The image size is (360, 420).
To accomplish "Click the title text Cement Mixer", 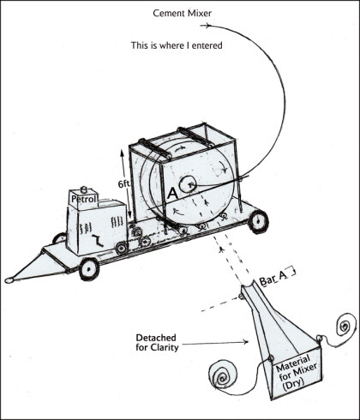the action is [183, 13].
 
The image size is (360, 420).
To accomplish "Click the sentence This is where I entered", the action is [177, 45].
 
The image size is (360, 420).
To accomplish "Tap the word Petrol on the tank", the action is [84, 199].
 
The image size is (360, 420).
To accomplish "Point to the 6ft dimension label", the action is [123, 184].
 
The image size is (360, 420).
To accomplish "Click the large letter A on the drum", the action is [173, 194].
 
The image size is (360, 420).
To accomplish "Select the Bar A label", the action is [273, 279].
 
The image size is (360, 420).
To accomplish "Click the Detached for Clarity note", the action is [157, 342].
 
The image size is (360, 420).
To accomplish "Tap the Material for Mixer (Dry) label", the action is [295, 372].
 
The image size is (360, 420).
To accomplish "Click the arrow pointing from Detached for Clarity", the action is [215, 342].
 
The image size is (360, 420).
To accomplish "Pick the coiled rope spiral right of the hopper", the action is [346, 325].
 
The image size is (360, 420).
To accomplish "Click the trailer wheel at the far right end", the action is [259, 222].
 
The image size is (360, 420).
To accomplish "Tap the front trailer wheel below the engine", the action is [89, 268].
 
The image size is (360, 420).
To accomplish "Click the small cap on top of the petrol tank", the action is [84, 189].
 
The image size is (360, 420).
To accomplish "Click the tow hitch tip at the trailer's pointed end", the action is [9, 280].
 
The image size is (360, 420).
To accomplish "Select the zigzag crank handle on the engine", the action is [98, 239].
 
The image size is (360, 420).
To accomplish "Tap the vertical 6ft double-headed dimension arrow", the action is [126, 184].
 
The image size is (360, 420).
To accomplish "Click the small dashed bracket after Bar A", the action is [291, 272].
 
